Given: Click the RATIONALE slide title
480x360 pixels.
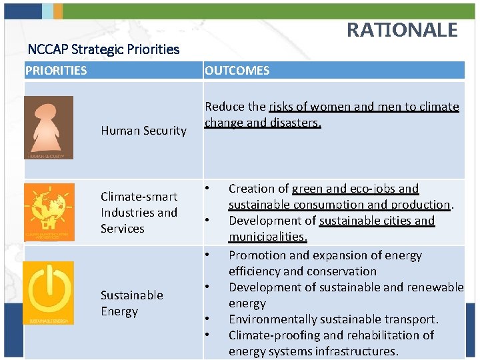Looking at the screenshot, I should pos(402,30).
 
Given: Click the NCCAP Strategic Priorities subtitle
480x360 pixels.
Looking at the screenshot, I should pos(103,49).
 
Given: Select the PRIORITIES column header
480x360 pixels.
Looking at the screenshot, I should pos(56,71).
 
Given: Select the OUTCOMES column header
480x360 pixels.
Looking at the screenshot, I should pos(237,71).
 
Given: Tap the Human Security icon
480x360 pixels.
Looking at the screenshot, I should pos(49,127).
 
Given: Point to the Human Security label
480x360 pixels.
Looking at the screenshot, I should pos(143,131).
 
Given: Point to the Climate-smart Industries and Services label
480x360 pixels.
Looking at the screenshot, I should pos(139,213).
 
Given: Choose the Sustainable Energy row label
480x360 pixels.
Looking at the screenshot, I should pos(132,303).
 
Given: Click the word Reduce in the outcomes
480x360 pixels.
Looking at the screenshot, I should pos(225,107).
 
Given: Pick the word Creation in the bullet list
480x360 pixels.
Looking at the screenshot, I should pos(252,189).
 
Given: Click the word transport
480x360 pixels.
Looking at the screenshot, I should pos(413,319).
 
